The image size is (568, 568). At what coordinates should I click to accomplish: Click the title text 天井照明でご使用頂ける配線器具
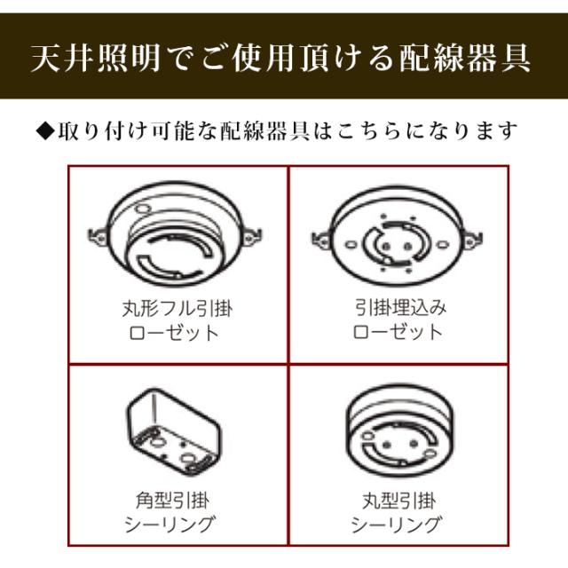(283, 58)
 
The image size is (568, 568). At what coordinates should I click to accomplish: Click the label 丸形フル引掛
(178, 310)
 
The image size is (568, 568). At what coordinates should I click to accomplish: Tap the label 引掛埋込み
(397, 310)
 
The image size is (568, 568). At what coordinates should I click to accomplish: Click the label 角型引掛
(178, 500)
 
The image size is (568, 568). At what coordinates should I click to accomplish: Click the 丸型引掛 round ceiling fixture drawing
(397, 430)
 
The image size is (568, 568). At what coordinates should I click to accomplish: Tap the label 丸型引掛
(397, 500)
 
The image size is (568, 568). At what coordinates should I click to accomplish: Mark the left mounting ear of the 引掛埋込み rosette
(320, 236)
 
